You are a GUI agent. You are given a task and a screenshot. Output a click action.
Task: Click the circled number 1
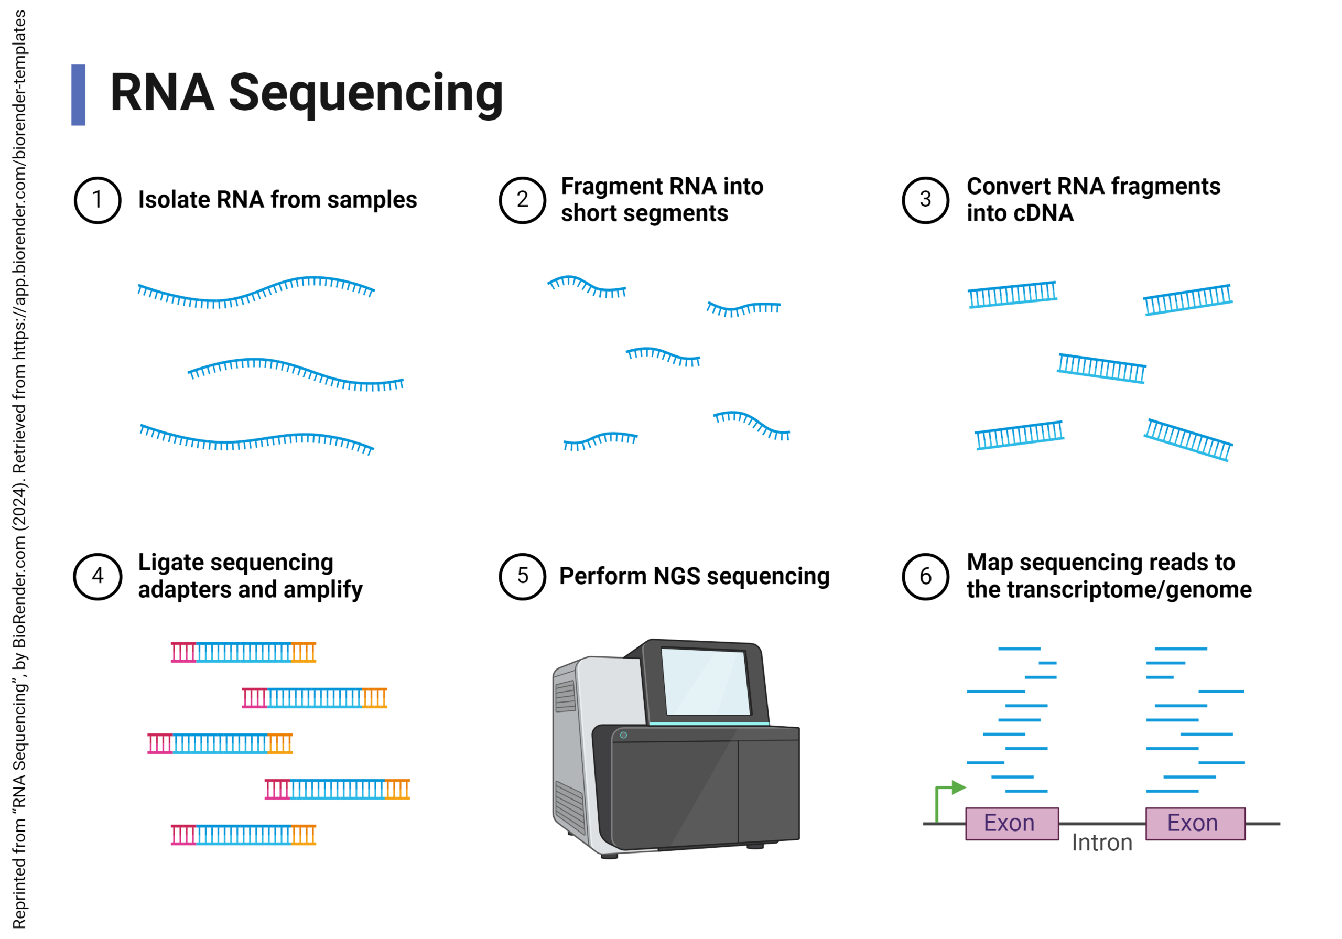(x=98, y=200)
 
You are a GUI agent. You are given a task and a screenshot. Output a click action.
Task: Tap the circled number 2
(x=522, y=200)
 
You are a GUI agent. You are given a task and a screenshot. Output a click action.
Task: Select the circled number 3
(x=925, y=200)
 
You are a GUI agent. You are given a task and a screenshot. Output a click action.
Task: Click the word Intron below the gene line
(x=1101, y=843)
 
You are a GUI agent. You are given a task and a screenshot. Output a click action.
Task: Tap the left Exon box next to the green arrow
(x=1011, y=823)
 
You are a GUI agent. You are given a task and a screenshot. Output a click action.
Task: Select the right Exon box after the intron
(x=1195, y=823)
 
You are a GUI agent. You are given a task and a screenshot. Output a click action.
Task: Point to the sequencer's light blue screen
(x=706, y=682)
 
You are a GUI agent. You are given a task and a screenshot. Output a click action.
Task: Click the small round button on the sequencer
(x=623, y=735)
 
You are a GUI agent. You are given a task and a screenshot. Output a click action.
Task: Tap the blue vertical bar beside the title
(x=78, y=95)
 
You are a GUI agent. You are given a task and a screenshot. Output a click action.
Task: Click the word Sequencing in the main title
(x=366, y=93)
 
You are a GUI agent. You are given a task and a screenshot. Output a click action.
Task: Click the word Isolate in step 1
(x=173, y=200)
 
